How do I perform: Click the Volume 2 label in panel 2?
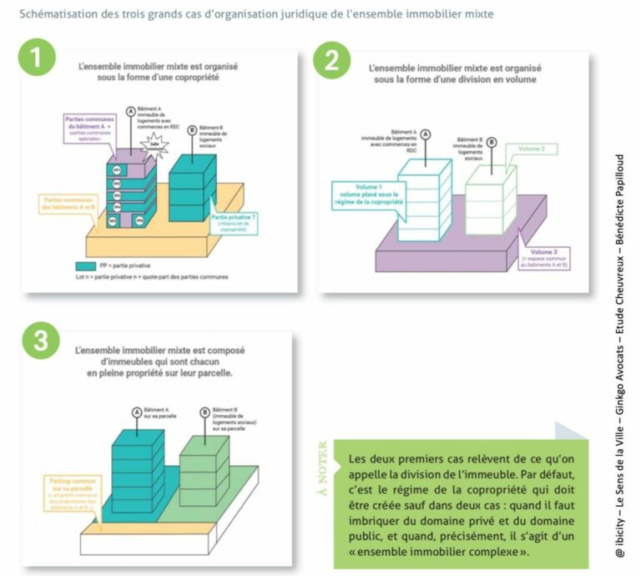point(531,149)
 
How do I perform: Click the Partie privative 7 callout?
point(236,220)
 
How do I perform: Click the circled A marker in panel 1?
point(131,110)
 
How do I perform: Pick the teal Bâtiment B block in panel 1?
point(194,184)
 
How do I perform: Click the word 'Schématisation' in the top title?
point(55,13)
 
